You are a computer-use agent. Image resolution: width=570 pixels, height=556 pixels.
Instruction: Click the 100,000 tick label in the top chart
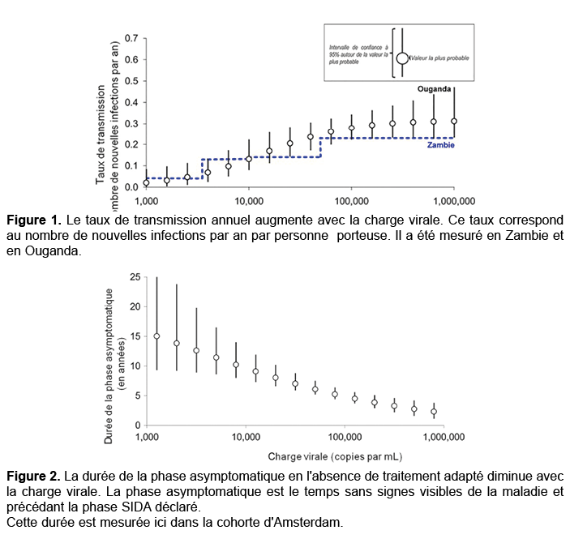click(350, 199)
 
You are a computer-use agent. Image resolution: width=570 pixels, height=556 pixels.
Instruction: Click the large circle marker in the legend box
click(402, 58)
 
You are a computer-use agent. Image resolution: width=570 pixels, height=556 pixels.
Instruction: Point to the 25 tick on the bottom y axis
click(135, 276)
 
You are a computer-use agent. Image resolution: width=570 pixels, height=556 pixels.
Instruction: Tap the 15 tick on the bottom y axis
click(135, 336)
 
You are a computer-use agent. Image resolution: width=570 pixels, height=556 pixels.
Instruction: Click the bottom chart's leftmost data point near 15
click(156, 336)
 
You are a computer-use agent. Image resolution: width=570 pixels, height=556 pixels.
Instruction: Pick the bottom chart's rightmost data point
click(434, 412)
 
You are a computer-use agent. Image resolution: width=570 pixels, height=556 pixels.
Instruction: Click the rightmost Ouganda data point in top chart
click(454, 121)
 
